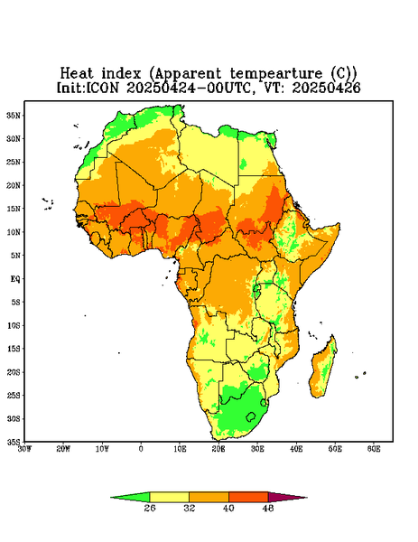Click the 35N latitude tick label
click(x=14, y=115)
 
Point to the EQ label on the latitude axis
click(x=15, y=278)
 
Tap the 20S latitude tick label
click(x=14, y=372)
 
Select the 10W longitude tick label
click(x=102, y=449)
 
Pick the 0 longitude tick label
click(x=141, y=449)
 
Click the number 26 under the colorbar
click(x=150, y=508)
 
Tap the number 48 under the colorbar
click(x=268, y=508)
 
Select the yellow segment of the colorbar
click(x=169, y=497)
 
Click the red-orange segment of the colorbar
click(x=248, y=497)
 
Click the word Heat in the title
click(x=77, y=74)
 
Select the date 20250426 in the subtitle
click(x=327, y=88)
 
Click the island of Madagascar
click(x=325, y=369)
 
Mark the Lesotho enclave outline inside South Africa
click(x=251, y=416)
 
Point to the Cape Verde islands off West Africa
click(x=48, y=204)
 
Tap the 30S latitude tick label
click(x=14, y=418)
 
